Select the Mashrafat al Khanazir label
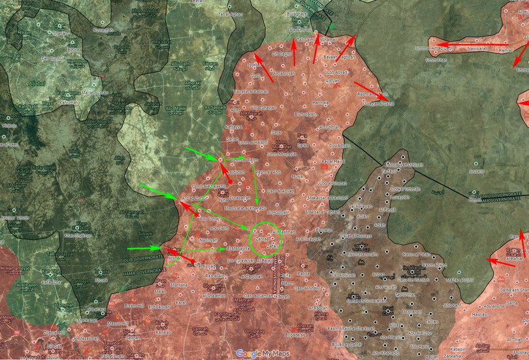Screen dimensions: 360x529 [x=246, y=207]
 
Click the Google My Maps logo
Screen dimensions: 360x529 [x=263, y=353]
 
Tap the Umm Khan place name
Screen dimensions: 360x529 [x=436, y=61]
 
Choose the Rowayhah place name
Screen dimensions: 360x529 [x=108, y=29]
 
